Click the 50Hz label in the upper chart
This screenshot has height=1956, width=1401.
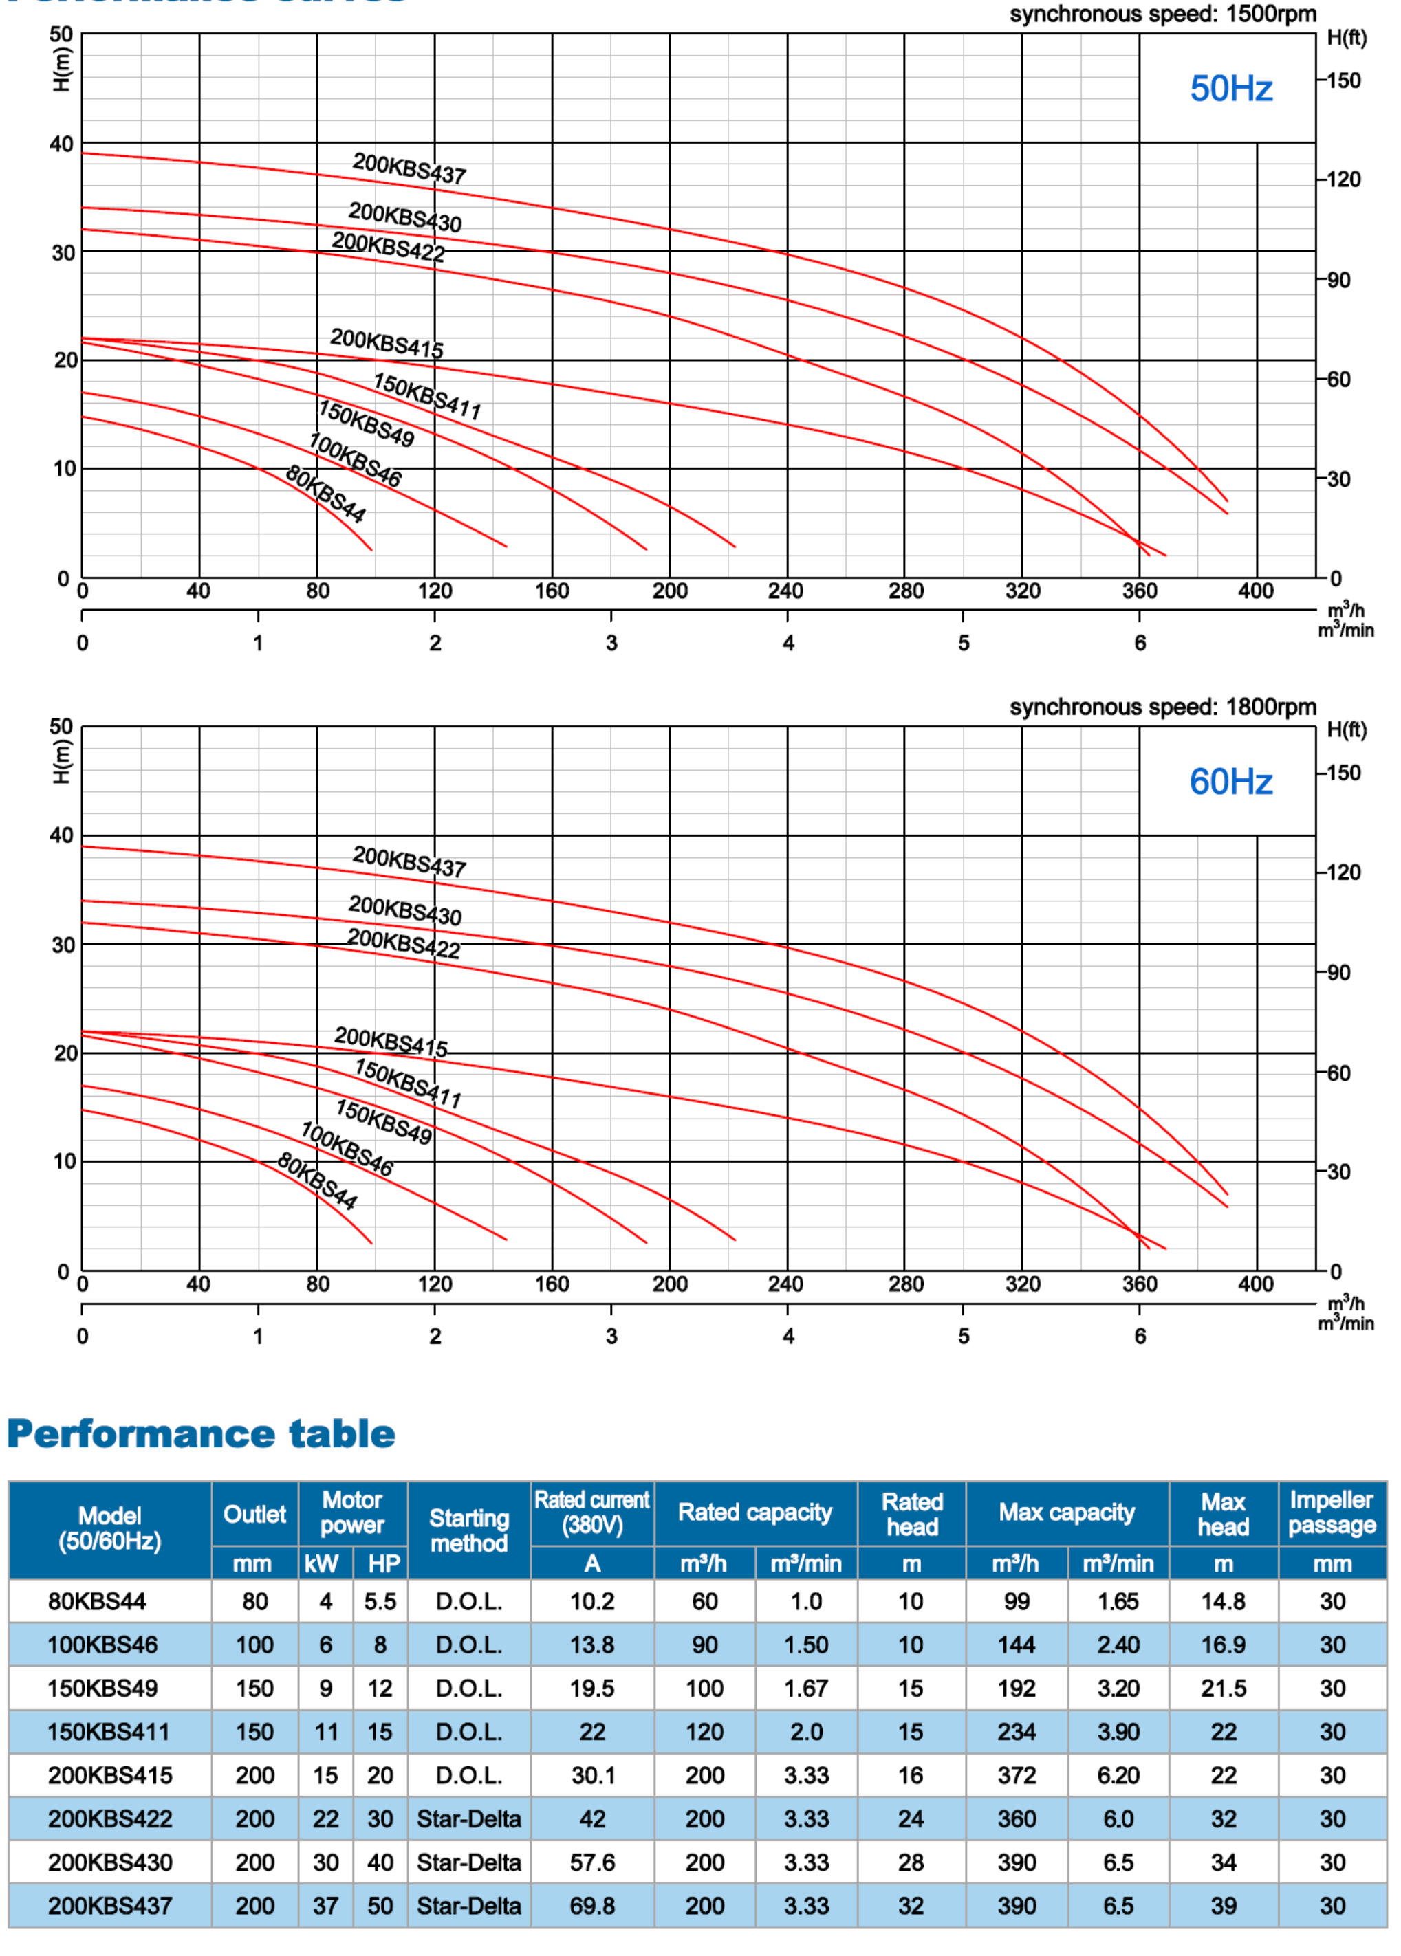click(1230, 89)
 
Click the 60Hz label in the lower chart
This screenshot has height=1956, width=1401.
click(1230, 782)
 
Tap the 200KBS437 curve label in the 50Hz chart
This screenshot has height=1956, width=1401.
click(409, 168)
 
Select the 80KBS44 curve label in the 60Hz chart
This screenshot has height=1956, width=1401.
click(316, 1180)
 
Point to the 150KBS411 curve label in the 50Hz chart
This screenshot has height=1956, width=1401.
click(427, 396)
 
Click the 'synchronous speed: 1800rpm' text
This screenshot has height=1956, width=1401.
click(1162, 707)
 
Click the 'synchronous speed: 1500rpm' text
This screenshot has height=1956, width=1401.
click(1162, 14)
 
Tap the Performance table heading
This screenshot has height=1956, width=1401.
click(201, 1434)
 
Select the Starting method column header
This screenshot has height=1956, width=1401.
click(468, 1530)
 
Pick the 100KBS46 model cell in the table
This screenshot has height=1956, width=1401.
click(102, 1645)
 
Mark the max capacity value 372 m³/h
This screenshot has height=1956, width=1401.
click(1017, 1775)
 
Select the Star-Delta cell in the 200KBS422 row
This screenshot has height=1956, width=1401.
click(468, 1819)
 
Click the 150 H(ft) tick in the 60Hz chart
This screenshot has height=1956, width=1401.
click(1343, 773)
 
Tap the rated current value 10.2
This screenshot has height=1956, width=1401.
click(591, 1601)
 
